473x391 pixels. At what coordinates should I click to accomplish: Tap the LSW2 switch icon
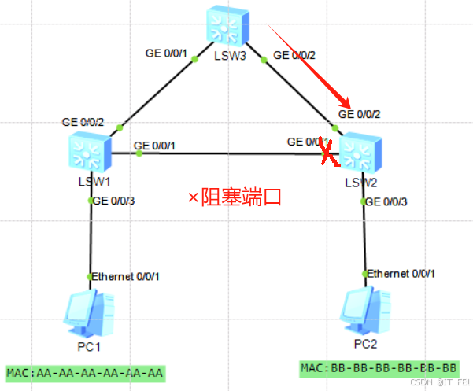pyautogui.click(x=361, y=152)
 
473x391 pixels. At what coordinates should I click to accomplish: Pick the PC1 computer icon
pyautogui.click(x=91, y=312)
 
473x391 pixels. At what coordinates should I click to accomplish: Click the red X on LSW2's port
pyautogui.click(x=329, y=153)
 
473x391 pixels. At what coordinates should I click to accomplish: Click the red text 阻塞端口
pyautogui.click(x=235, y=197)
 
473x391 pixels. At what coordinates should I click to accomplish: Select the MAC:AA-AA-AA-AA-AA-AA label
pyautogui.click(x=84, y=372)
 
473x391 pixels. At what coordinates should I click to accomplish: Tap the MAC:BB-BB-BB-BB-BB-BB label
pyautogui.click(x=379, y=367)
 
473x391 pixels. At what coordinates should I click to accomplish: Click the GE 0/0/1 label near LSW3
pyautogui.click(x=166, y=54)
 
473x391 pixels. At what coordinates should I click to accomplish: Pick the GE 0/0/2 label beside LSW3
pyautogui.click(x=293, y=56)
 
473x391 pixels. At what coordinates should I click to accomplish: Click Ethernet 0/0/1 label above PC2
pyautogui.click(x=401, y=273)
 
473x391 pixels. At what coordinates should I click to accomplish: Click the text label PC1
pyautogui.click(x=93, y=345)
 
